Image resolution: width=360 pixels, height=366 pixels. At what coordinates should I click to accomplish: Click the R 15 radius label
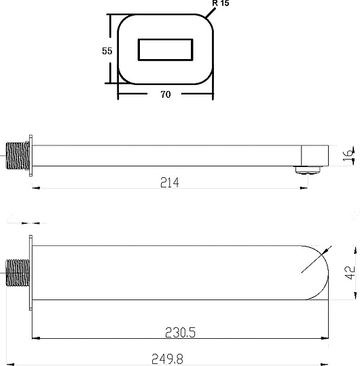(221, 5)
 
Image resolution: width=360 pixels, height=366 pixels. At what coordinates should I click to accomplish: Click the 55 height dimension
(107, 52)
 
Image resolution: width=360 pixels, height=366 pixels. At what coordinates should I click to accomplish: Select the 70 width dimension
(165, 94)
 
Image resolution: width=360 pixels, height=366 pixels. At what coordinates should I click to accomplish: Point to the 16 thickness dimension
(347, 155)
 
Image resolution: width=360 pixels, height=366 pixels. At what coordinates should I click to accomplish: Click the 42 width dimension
(348, 273)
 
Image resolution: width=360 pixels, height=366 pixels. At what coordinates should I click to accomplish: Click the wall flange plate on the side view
(31, 155)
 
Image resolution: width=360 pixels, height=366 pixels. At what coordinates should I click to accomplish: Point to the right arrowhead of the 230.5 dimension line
(325, 337)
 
